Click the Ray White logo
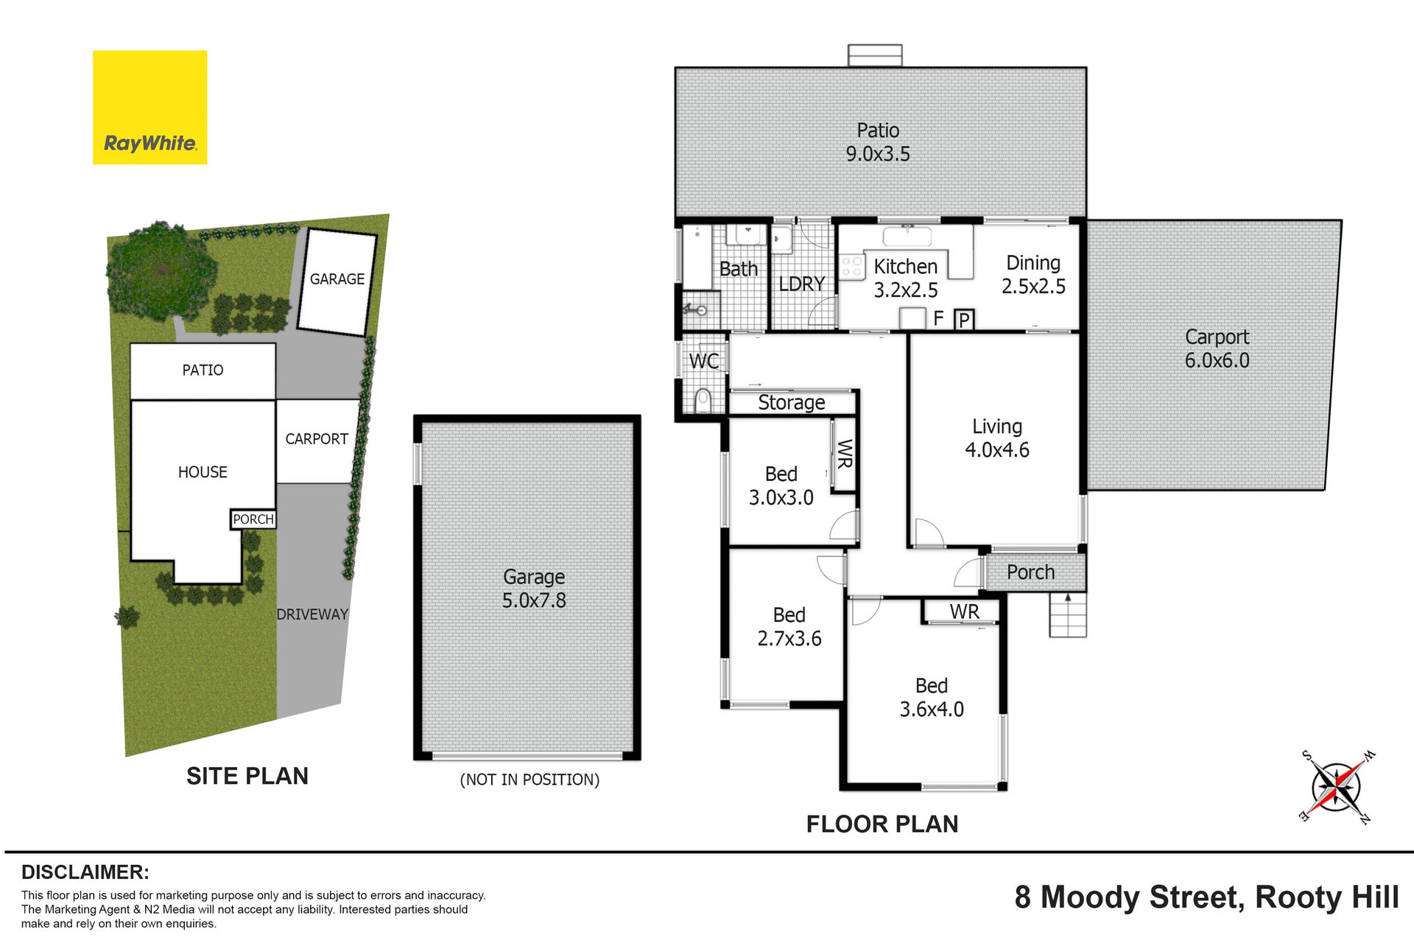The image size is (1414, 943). [150, 108]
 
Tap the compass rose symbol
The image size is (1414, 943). [1336, 787]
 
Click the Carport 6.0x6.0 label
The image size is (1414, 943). [1217, 348]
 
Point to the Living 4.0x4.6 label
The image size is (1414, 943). [997, 438]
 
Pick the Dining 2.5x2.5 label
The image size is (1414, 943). [1033, 275]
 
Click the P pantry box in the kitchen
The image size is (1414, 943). [964, 319]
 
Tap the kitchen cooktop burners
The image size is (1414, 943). [852, 267]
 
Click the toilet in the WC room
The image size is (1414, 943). [702, 401]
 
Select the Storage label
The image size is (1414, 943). [792, 403]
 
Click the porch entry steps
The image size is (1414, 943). [1068, 614]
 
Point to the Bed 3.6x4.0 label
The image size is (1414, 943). [932, 698]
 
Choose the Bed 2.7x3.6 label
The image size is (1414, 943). [789, 627]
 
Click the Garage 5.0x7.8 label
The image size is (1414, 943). [534, 589]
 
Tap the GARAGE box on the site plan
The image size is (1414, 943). [337, 281]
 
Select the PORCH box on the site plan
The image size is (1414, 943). [253, 519]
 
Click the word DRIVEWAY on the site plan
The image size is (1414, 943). [312, 614]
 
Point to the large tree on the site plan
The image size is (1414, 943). [160, 270]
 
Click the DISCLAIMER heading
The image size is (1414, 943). [85, 872]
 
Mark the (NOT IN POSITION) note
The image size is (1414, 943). [530, 779]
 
